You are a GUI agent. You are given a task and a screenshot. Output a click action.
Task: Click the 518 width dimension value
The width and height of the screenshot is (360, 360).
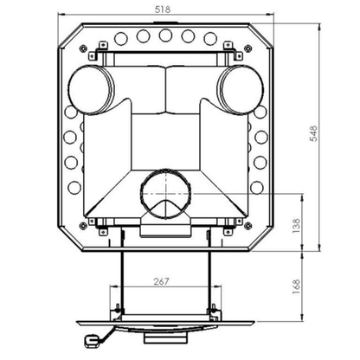pos(163,10)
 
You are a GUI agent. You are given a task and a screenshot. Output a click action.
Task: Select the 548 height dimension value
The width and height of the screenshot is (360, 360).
pos(313,133)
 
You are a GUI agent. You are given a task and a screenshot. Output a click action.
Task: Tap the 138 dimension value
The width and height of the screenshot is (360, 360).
pos(296,226)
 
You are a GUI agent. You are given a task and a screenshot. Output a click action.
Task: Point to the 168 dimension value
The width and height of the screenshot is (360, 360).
pos(296,286)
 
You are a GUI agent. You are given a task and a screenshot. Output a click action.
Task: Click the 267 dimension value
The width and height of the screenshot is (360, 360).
pos(161,281)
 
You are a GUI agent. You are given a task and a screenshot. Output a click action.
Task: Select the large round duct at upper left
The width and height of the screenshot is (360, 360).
pos(90,90)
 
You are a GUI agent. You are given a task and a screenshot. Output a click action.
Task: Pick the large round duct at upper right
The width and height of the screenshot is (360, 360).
pos(241,90)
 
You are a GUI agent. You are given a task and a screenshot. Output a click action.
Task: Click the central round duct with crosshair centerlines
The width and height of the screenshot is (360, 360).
pos(165,193)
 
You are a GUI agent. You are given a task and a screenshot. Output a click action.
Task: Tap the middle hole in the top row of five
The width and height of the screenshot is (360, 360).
pos(165,35)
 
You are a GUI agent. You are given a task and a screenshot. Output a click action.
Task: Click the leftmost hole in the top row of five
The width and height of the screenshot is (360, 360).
pos(120,38)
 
